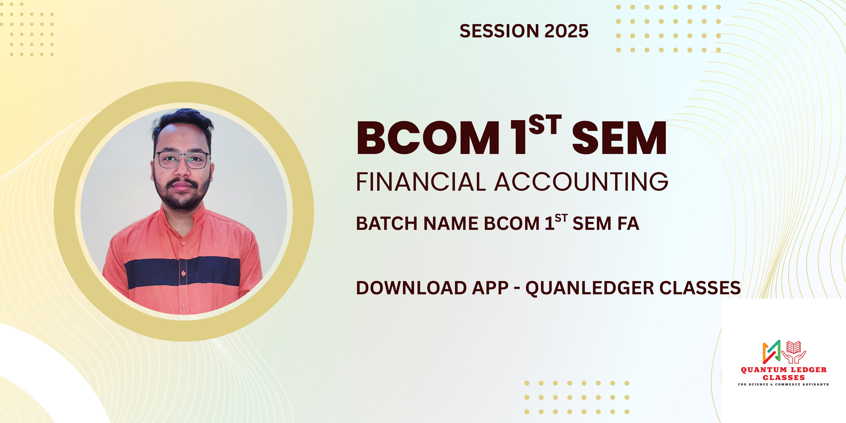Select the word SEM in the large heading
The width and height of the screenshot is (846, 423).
[620, 138]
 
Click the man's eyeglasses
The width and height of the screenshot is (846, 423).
[182, 160]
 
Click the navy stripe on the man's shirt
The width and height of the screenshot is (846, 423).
[182, 272]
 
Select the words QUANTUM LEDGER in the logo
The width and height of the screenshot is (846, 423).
[784, 370]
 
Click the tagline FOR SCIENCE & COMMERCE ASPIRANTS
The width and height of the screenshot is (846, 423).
[783, 384]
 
